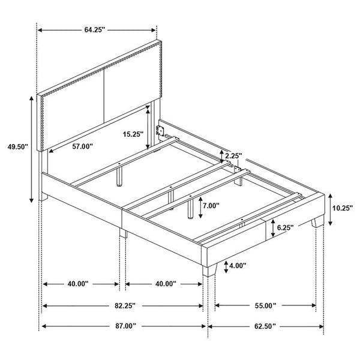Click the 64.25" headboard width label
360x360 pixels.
tap(95, 30)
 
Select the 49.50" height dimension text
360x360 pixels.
tap(18, 147)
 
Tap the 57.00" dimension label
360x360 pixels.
tap(82, 146)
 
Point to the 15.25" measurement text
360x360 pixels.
tap(133, 134)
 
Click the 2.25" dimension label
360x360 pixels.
tap(233, 156)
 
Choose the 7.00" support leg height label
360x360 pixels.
tap(211, 205)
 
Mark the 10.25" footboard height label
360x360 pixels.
tap(342, 208)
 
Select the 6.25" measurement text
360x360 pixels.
tap(285, 227)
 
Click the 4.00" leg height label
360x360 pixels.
tap(238, 266)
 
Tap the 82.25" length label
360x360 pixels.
tap(125, 305)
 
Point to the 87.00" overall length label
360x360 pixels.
tap(125, 326)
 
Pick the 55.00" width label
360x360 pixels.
tap(265, 305)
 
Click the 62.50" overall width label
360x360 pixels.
tap(265, 326)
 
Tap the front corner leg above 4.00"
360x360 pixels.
tap(209, 270)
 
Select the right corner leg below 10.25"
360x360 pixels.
tap(317, 221)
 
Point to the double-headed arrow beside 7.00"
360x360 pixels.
tap(200, 208)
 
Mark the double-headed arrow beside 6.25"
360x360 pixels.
tap(273, 228)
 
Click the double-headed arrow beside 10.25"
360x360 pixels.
tap(330, 209)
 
